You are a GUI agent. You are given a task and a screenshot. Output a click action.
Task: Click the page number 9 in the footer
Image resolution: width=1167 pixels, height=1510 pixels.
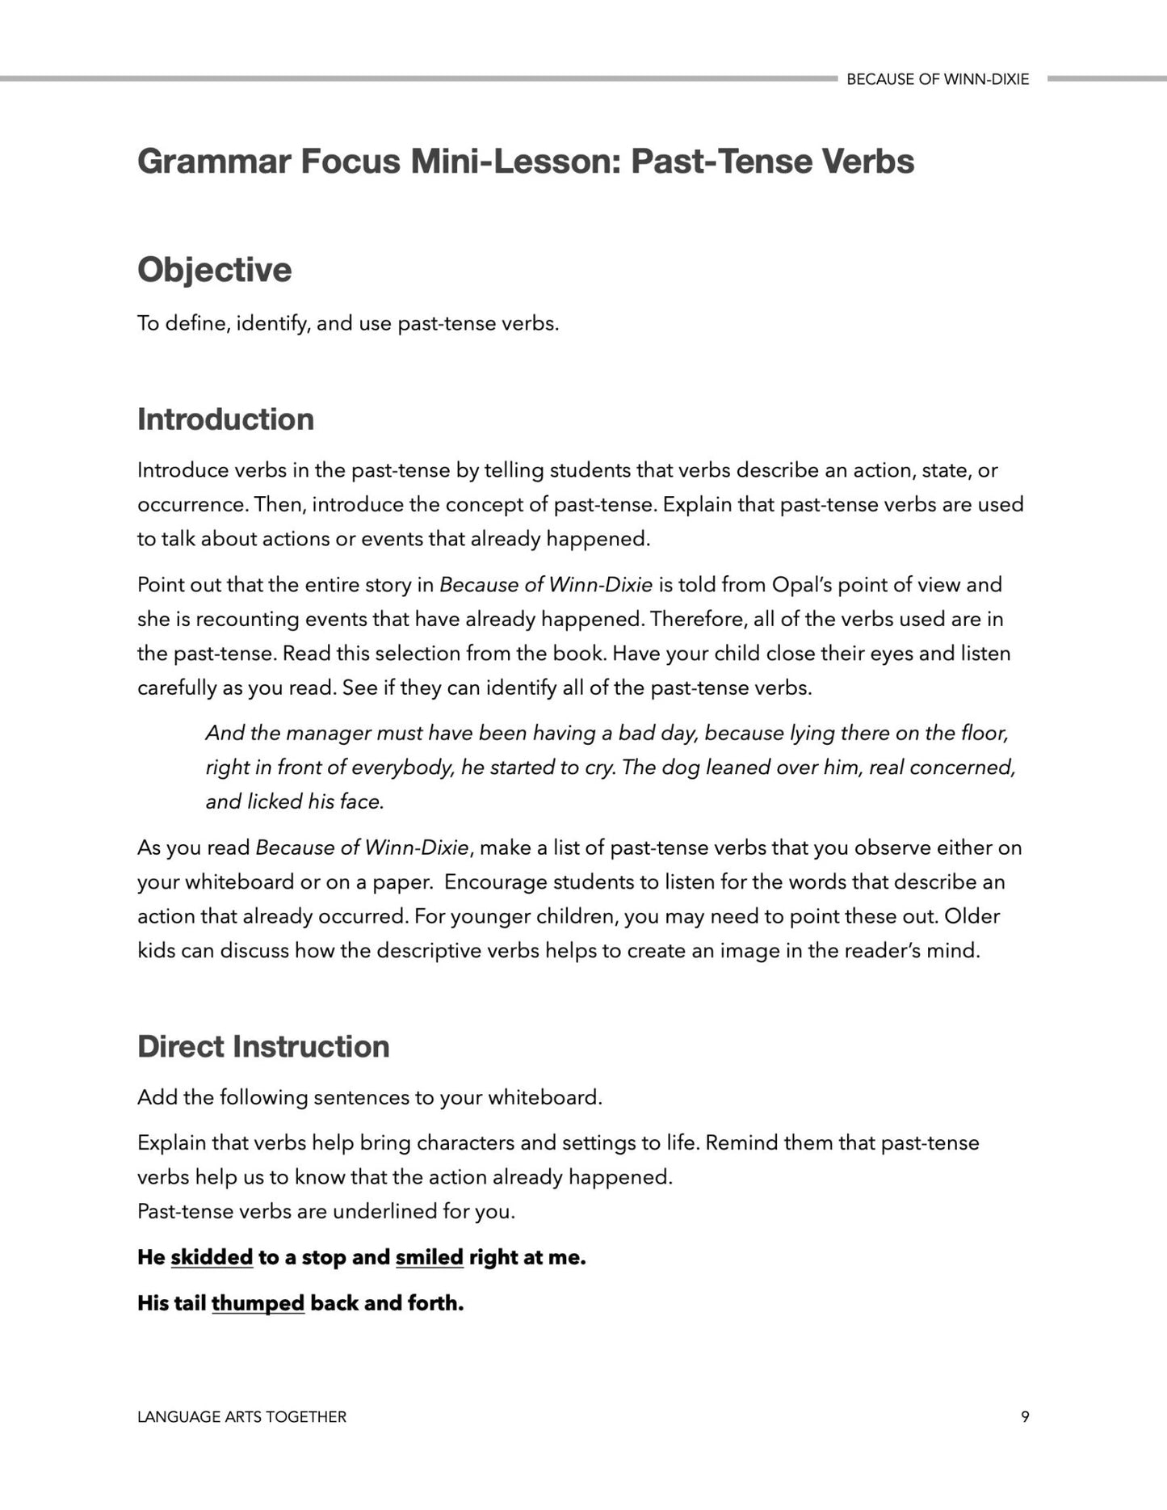[1025, 1416]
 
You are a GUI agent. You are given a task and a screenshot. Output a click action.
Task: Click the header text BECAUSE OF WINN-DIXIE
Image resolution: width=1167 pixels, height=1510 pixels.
[938, 79]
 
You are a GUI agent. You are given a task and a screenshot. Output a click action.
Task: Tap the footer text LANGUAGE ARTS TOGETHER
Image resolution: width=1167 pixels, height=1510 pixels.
[241, 1416]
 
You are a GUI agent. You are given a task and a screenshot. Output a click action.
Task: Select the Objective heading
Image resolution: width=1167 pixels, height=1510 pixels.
[214, 270]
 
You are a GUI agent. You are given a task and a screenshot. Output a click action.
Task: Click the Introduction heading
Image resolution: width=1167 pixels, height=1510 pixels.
[225, 419]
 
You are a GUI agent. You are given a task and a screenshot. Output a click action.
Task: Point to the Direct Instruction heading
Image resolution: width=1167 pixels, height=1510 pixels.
[263, 1046]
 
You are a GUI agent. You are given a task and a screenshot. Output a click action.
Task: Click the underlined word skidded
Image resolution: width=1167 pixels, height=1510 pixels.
[212, 1257]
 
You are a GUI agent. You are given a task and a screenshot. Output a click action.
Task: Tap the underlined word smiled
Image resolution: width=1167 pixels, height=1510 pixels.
[429, 1257]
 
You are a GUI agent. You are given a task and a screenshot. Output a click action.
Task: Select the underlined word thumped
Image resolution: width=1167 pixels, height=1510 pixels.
[258, 1303]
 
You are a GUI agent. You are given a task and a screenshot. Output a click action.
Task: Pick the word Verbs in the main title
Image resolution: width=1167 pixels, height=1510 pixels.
[869, 162]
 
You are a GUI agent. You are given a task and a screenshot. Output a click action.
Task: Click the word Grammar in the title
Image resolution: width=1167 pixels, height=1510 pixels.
[212, 162]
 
